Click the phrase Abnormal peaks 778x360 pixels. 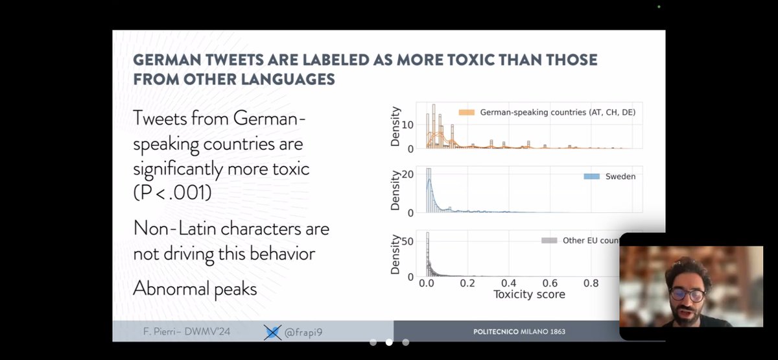tap(195, 288)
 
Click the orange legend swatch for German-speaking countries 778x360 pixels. tap(467, 112)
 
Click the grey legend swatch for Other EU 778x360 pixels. tap(548, 241)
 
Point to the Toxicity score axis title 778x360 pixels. tap(529, 294)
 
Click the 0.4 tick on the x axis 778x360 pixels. tap(508, 283)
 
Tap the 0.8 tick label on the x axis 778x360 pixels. tap(591, 283)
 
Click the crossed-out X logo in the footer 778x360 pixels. tap(273, 332)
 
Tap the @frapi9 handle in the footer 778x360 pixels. tap(302, 332)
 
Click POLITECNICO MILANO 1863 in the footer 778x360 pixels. tap(519, 331)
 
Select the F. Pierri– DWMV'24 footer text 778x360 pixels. tap(187, 332)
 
